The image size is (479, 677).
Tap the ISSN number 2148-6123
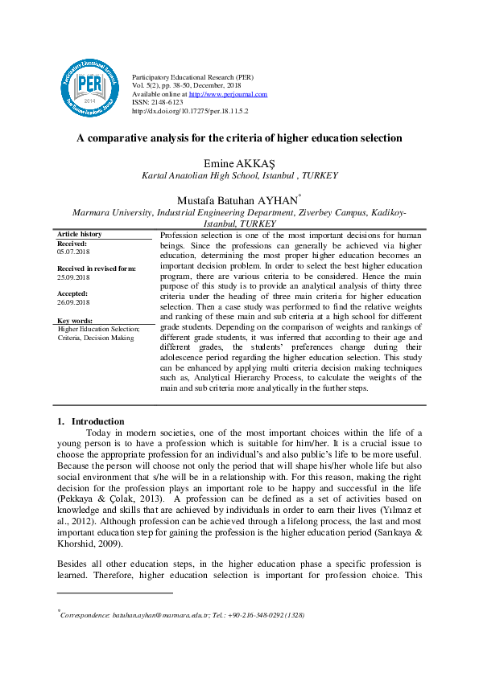coord(165,103)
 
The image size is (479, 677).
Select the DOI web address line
coord(189,112)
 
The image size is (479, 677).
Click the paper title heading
coord(239,137)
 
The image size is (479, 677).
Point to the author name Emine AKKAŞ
coord(239,163)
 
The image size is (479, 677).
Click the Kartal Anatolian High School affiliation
coord(239,175)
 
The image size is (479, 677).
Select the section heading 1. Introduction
coord(91,421)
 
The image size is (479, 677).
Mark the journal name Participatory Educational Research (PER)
coord(192,76)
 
